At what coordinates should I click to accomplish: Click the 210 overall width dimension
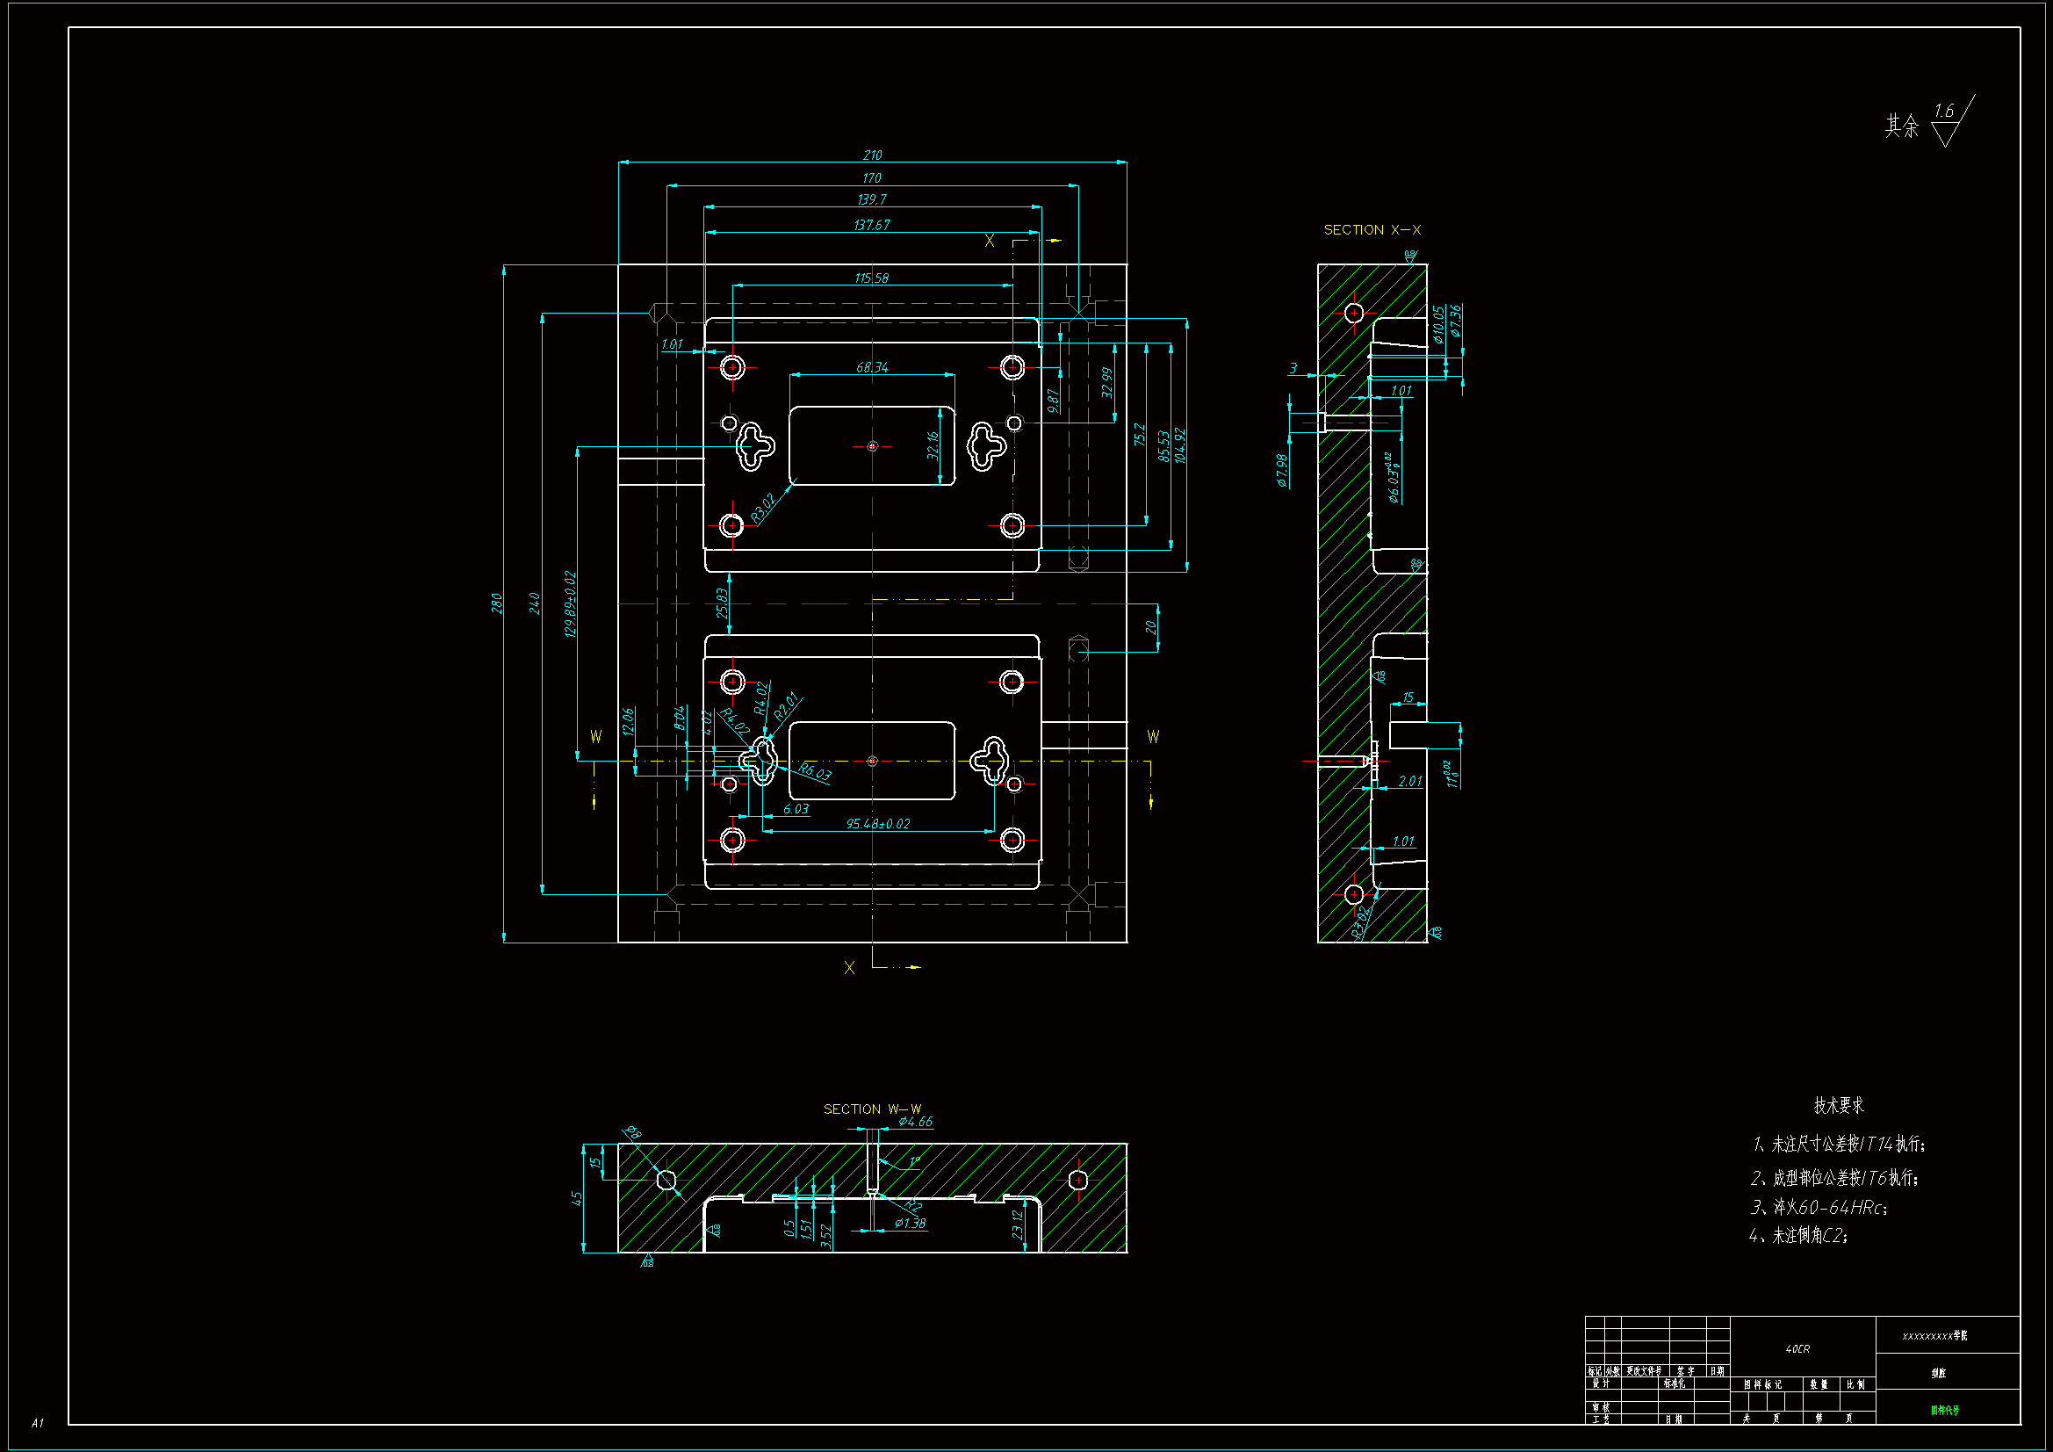coord(872,155)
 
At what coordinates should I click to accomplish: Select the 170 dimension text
coord(872,178)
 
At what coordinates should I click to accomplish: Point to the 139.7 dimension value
coord(872,199)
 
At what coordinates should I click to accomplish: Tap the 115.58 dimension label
coord(872,278)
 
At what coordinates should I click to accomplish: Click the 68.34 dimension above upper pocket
coord(872,367)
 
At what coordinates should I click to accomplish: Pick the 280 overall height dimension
coord(496,603)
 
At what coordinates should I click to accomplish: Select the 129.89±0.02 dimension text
coord(571,603)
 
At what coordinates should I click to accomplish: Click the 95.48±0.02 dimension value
coord(878,823)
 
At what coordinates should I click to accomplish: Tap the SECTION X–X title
coord(1372,230)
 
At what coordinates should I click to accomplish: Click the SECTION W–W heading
coord(872,1109)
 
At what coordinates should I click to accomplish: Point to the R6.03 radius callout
coord(815,772)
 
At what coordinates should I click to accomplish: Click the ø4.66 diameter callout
coord(916,1121)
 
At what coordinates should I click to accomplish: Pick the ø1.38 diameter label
coord(911,1223)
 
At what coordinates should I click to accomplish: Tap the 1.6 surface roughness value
coord(1943,111)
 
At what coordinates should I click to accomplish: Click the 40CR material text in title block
coord(1797,1348)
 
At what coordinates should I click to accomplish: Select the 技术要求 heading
coord(1839,1105)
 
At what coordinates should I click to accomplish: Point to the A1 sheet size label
coord(38,1422)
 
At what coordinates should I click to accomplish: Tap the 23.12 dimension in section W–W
coord(1018,1224)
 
